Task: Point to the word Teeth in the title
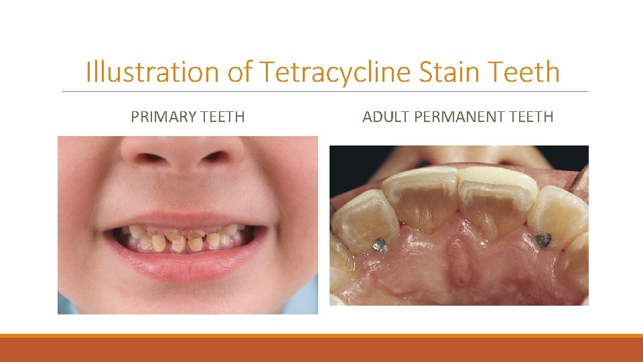click(524, 72)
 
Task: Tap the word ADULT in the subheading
click(386, 117)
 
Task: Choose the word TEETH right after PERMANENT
click(531, 117)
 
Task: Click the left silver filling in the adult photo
click(380, 245)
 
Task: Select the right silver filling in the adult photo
click(543, 239)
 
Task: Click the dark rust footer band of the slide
click(321, 350)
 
